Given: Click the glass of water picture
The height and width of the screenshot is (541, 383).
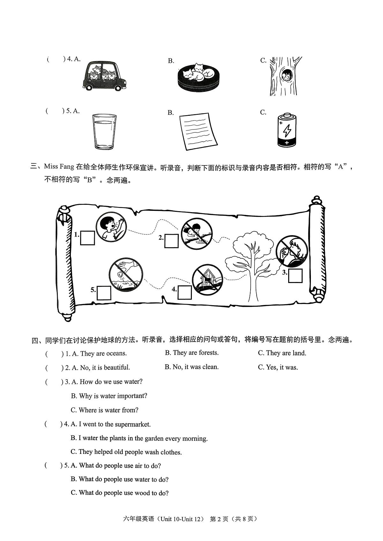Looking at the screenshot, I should pos(104,131).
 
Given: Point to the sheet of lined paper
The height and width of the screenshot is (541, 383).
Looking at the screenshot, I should pos(198,131).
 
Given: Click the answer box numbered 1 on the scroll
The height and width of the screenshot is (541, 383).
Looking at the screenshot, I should pos(87,238).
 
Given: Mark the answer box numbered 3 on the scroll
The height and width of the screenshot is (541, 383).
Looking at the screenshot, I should pos(295,276).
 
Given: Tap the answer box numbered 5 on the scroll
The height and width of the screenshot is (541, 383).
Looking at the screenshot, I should pos(104,293).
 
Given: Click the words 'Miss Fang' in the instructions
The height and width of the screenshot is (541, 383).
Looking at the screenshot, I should pos(59,167).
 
